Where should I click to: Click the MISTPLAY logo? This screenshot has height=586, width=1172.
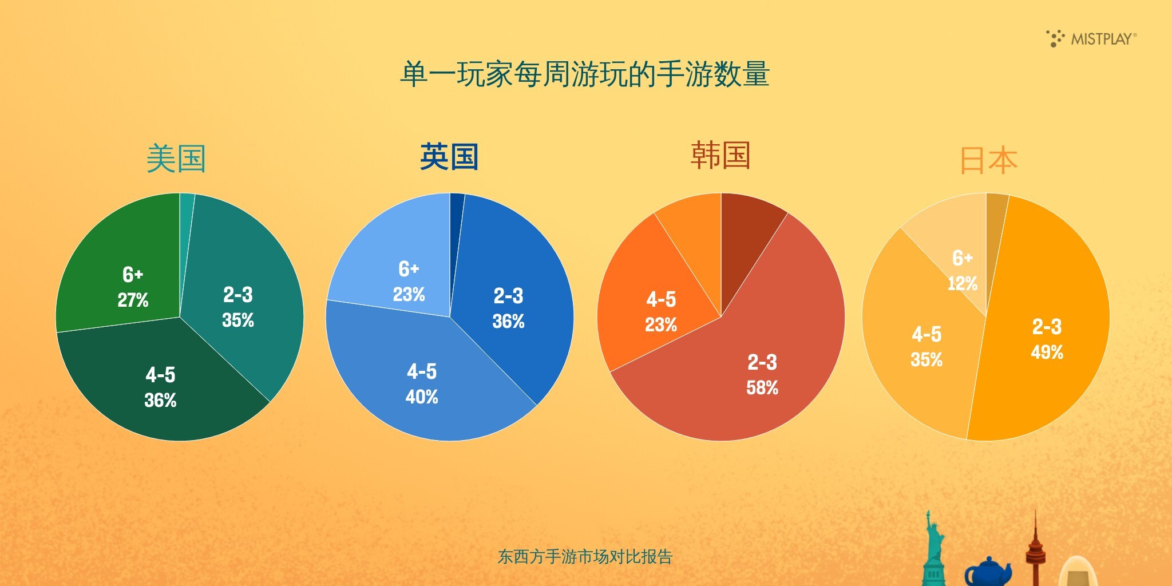[x=1091, y=38]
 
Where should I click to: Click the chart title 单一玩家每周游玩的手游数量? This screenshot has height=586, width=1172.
[x=585, y=74]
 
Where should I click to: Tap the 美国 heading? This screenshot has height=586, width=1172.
[x=176, y=159]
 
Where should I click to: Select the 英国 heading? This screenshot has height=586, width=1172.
[x=449, y=157]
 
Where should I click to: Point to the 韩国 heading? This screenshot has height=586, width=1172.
[x=720, y=155]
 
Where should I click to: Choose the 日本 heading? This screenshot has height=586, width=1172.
[x=988, y=160]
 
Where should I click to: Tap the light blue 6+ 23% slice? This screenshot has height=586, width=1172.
[x=395, y=263]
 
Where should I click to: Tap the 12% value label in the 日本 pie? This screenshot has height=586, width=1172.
[x=963, y=283]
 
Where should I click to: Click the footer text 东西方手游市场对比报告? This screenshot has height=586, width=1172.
[x=585, y=557]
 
